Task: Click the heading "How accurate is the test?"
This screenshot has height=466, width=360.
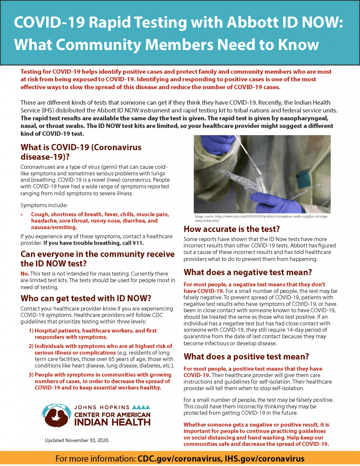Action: click(231, 229)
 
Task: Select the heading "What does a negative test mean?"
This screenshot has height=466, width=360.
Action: click(248, 273)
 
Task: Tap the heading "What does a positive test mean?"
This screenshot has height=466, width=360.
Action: click(246, 357)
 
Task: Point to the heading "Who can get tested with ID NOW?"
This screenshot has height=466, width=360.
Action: click(86, 299)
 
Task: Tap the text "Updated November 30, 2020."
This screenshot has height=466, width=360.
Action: click(77, 440)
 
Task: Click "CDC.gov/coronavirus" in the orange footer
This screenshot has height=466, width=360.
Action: click(178, 458)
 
